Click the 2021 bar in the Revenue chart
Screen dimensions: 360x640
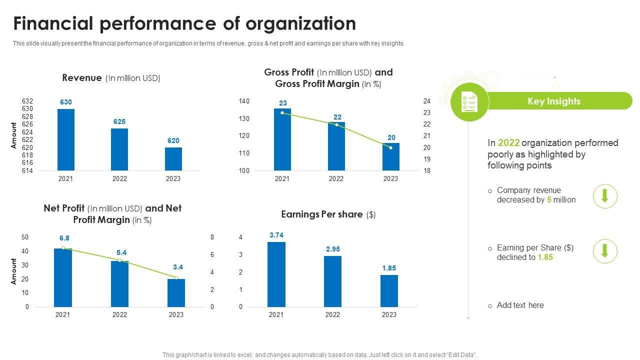(66, 140)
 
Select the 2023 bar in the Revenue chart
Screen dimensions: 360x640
(173, 159)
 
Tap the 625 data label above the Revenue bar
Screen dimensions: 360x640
(119, 121)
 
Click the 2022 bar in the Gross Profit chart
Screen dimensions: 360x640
(336, 146)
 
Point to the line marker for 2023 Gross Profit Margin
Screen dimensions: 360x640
(390, 147)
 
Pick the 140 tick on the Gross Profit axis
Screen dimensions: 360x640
(244, 101)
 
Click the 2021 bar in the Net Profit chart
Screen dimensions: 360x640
(63, 277)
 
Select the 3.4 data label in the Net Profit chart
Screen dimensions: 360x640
(177, 267)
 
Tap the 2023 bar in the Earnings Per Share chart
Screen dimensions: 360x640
(389, 291)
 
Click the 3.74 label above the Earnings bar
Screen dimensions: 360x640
(276, 235)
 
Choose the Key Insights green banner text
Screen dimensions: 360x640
(554, 101)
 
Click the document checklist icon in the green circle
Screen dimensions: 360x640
(469, 102)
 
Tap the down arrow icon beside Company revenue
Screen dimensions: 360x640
(605, 195)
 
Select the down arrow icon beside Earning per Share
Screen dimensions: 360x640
(605, 251)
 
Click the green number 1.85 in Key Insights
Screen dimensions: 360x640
(545, 257)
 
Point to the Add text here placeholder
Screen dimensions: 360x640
(520, 305)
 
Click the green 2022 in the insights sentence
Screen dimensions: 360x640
(508, 143)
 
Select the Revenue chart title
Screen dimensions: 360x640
(111, 78)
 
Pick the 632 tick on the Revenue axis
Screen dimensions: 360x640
(27, 101)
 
